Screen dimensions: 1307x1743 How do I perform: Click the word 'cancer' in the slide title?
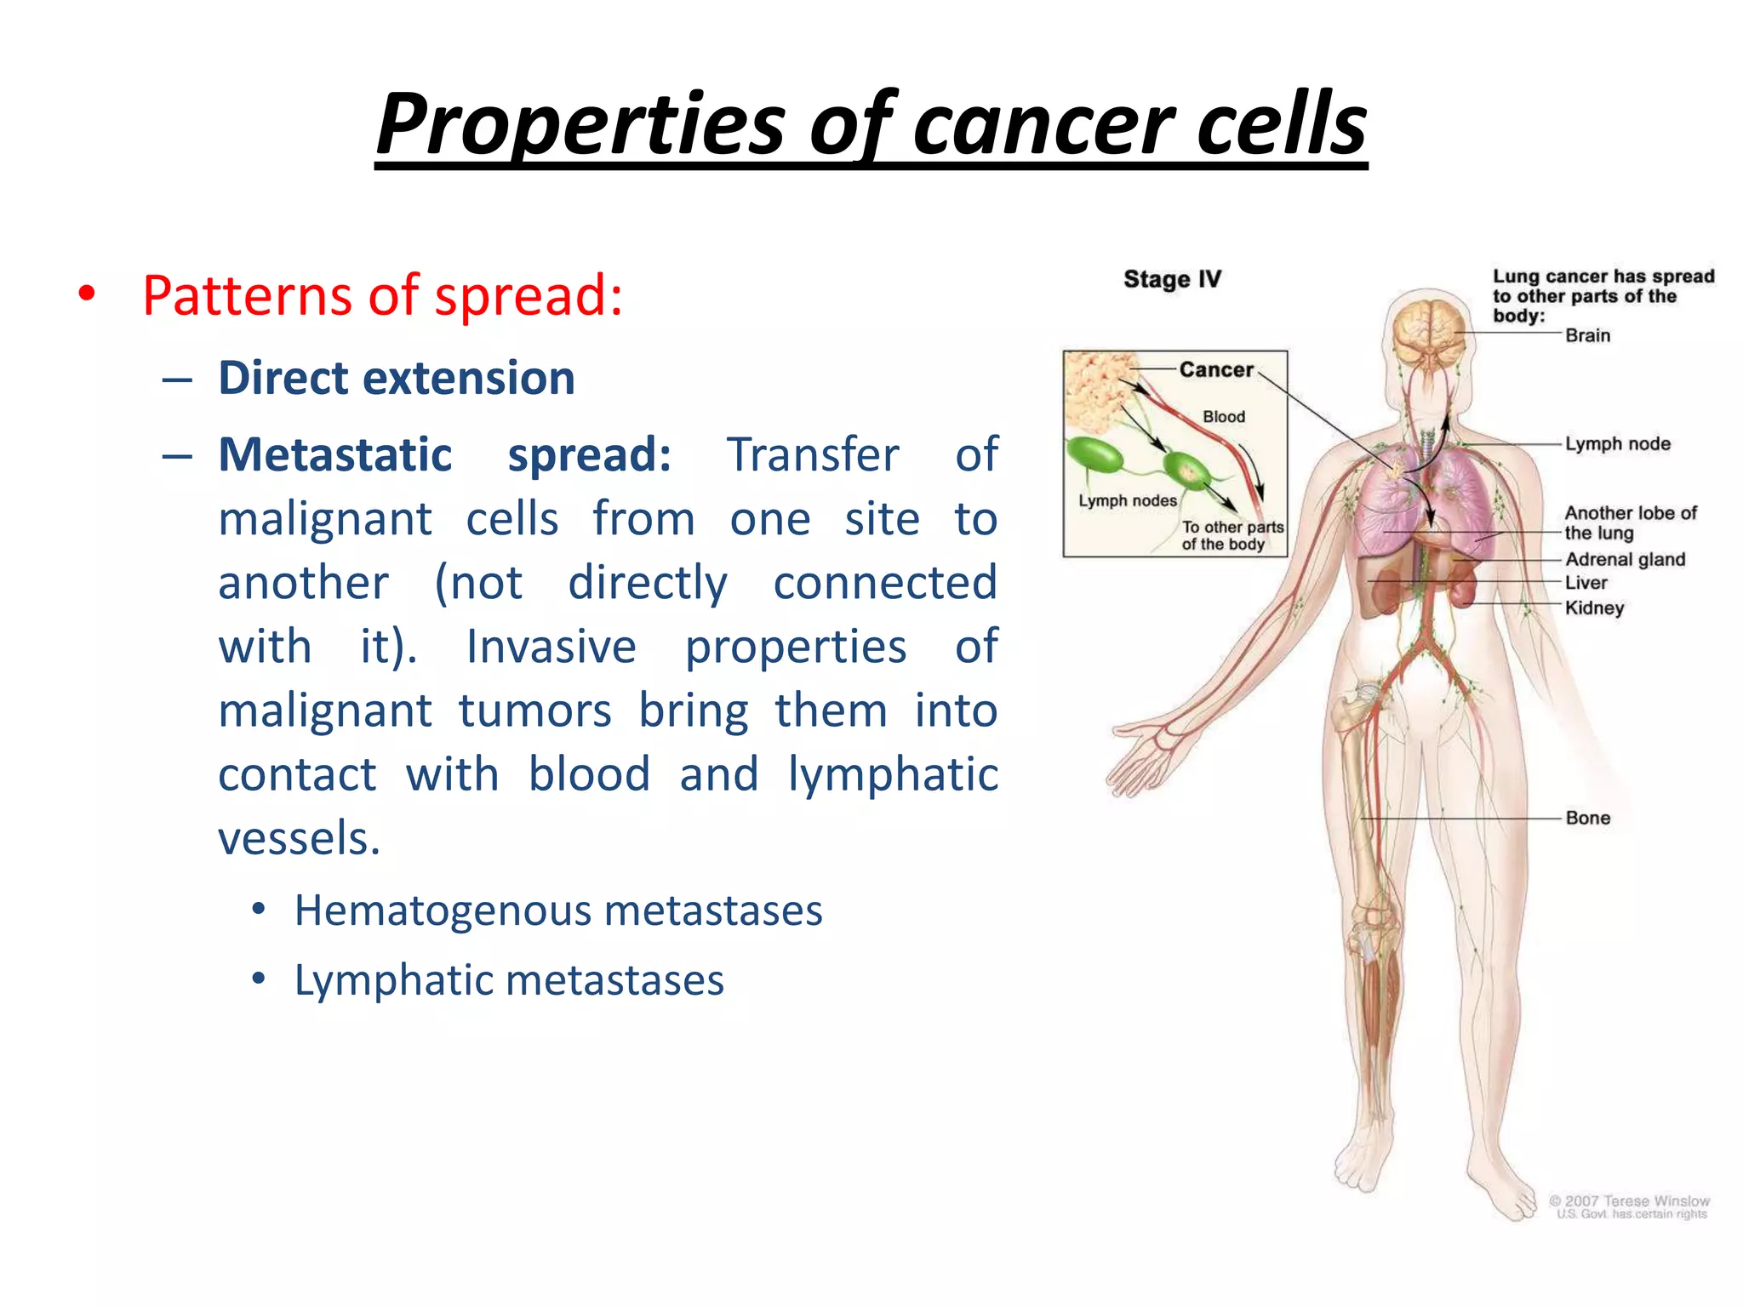click(x=1045, y=126)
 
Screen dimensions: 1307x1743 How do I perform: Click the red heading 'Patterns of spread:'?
click(x=382, y=296)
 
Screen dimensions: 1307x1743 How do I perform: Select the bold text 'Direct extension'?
click(x=397, y=378)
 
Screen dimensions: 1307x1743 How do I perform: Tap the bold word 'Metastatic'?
click(x=334, y=454)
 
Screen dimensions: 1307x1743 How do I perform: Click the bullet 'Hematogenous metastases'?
click(x=557, y=910)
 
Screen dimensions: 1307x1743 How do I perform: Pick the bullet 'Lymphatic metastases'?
click(x=509, y=980)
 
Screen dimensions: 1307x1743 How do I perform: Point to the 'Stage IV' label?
click(x=1172, y=279)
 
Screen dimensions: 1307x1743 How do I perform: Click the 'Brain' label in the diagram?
click(x=1587, y=335)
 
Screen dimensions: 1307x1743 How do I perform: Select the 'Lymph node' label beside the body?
click(x=1617, y=443)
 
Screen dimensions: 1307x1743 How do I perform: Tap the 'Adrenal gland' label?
click(x=1625, y=559)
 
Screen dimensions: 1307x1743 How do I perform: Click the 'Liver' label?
click(x=1586, y=583)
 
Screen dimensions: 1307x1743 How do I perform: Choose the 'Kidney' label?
click(x=1594, y=608)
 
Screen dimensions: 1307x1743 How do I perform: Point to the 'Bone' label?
click(x=1587, y=818)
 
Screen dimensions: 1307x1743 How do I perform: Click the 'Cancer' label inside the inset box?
click(x=1215, y=369)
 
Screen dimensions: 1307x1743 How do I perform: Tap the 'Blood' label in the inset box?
click(x=1223, y=417)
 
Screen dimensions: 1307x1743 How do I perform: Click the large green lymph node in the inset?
click(x=1094, y=456)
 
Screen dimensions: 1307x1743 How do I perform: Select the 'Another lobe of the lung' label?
click(x=1629, y=522)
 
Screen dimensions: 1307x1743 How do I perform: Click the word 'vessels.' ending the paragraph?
click(x=299, y=838)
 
